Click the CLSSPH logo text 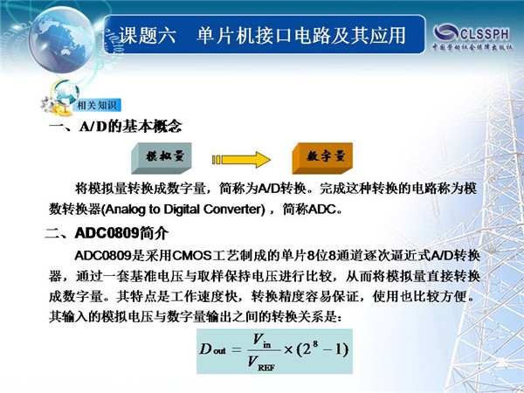(x=485, y=34)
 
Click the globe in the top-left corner (x=62, y=39)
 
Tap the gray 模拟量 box (x=162, y=158)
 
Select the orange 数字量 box (x=322, y=158)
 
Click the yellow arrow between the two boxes (x=241, y=160)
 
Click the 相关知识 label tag (x=97, y=106)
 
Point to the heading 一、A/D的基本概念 (x=115, y=127)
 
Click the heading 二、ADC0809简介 (x=107, y=233)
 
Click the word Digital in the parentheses (x=182, y=210)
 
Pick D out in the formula (x=212, y=349)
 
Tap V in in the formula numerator (x=262, y=341)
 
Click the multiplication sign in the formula (x=288, y=350)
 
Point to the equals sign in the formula (x=236, y=350)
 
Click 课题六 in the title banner (x=148, y=35)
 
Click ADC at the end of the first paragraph (x=322, y=210)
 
